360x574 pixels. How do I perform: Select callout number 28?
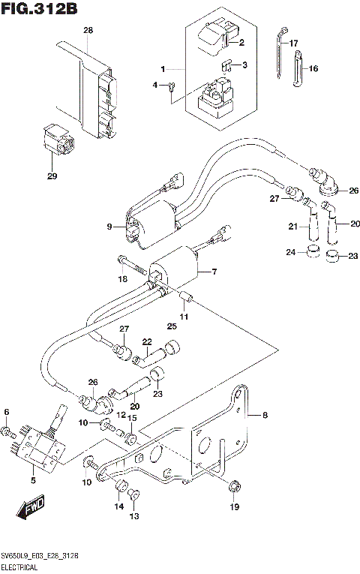pyautogui.click(x=88, y=31)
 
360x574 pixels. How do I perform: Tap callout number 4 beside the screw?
pyautogui.click(x=156, y=86)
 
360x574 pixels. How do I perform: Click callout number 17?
pyautogui.click(x=293, y=43)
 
